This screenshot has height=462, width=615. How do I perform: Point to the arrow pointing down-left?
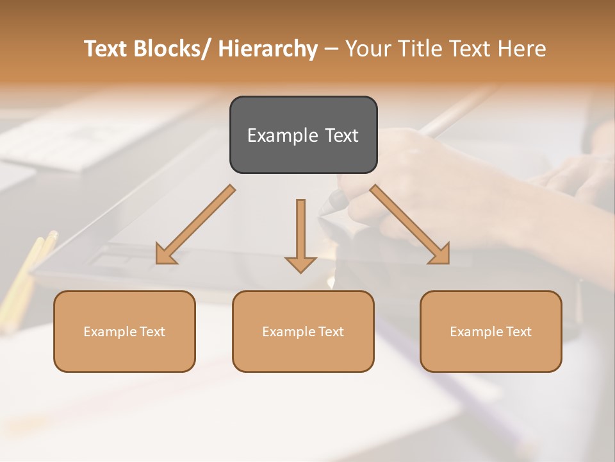click(x=195, y=225)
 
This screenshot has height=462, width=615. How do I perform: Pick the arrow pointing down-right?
click(x=410, y=225)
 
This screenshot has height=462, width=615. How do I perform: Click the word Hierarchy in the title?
click(x=268, y=49)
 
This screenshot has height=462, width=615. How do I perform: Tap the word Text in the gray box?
click(x=341, y=135)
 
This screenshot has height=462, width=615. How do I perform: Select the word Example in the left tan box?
click(x=110, y=332)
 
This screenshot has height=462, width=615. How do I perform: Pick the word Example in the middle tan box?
click(x=289, y=332)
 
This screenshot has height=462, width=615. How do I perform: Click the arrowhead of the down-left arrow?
click(x=165, y=255)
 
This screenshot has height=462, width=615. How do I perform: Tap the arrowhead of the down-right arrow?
click(x=440, y=255)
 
